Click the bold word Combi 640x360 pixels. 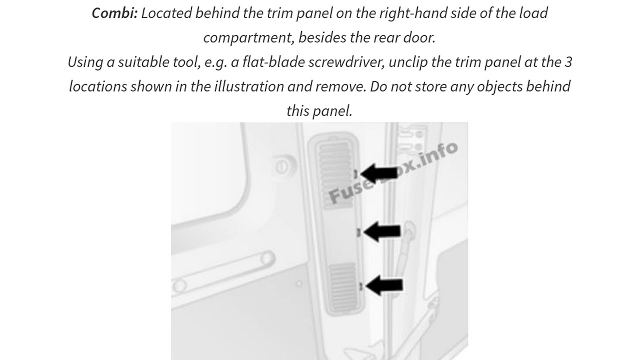point(115,13)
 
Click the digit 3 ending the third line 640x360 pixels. point(568,62)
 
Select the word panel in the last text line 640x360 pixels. point(332,111)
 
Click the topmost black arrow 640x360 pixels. point(379,173)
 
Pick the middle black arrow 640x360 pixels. point(382,231)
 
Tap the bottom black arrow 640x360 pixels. point(384,285)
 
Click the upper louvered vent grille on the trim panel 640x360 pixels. point(335,175)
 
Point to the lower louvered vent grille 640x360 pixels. point(343,287)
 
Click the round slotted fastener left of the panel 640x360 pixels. point(282,166)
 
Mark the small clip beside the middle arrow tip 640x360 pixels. point(358,232)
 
